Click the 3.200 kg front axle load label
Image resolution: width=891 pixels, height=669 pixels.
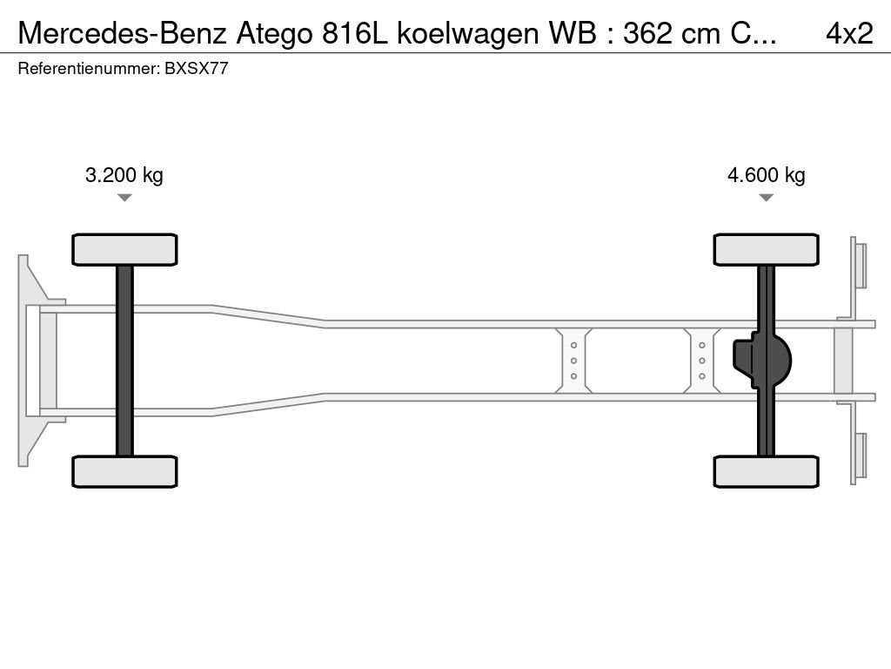click(x=124, y=175)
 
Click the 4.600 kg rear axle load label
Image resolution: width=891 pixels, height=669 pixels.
click(x=766, y=175)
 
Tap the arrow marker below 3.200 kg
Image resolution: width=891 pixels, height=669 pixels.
click(x=124, y=198)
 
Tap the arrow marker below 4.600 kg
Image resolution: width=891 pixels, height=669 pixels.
click(x=766, y=198)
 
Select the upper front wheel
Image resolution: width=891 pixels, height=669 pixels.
click(x=124, y=249)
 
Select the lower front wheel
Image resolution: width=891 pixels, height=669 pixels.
click(x=124, y=471)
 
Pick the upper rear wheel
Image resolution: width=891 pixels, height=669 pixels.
click(x=766, y=249)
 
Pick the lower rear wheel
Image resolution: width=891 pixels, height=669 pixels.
click(x=766, y=471)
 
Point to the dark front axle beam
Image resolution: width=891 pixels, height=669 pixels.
click(x=124, y=361)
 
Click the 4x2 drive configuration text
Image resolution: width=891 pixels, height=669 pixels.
click(x=849, y=33)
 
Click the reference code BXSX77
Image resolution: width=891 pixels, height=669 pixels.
click(x=196, y=69)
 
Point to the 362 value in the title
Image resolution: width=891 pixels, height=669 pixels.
click(x=670, y=33)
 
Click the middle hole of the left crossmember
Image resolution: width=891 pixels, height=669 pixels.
click(x=574, y=361)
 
